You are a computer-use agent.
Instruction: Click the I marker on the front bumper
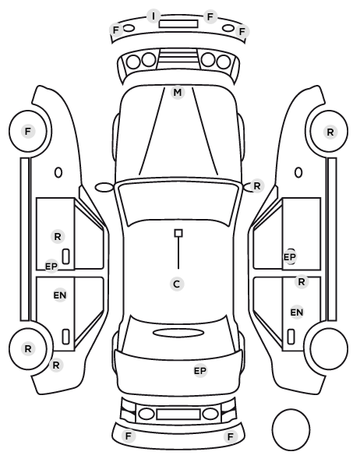tap(154, 16)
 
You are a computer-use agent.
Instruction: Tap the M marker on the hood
tap(178, 93)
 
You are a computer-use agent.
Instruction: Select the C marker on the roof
tap(177, 284)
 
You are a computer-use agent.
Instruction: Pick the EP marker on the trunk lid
tap(200, 371)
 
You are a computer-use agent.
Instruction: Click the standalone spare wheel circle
tap(291, 429)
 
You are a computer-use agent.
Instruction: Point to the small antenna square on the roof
tap(178, 233)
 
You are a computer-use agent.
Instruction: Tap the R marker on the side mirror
tap(257, 186)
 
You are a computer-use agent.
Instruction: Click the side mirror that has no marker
tap(104, 188)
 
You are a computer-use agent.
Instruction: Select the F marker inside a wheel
tap(28, 131)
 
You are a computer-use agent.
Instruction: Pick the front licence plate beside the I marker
tap(178, 24)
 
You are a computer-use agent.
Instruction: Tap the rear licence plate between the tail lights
tap(178, 414)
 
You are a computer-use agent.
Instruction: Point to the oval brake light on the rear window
tap(178, 334)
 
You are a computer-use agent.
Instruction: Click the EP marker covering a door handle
tap(290, 257)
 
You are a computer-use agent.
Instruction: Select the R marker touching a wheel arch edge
tap(56, 365)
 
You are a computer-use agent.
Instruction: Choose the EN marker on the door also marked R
tap(296, 312)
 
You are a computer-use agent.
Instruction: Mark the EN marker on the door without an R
tap(60, 295)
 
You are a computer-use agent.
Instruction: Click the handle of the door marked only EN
tap(65, 337)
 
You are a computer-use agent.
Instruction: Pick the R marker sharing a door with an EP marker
tap(58, 237)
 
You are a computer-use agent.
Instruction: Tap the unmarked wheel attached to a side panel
tap(329, 348)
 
